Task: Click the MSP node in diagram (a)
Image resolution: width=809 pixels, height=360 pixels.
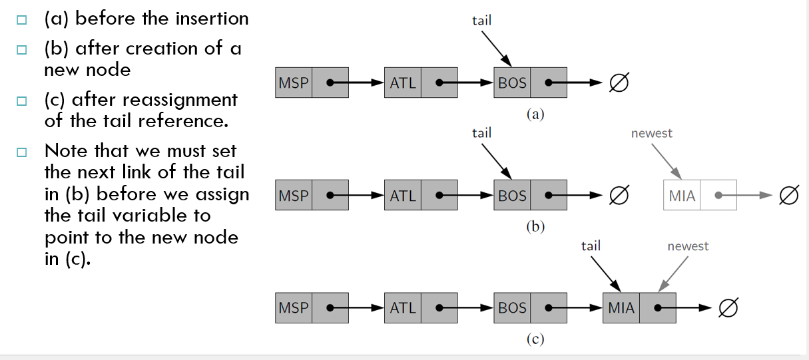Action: [312, 83]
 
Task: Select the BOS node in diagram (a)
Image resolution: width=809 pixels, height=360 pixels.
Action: [530, 83]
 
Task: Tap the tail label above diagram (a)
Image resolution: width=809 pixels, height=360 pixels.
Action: [482, 21]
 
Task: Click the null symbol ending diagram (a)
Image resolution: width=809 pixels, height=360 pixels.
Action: [619, 83]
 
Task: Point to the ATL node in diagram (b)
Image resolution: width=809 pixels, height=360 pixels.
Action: [421, 195]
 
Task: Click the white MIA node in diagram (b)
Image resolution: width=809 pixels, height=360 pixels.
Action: [700, 195]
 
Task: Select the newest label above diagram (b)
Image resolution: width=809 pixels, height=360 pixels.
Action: [652, 134]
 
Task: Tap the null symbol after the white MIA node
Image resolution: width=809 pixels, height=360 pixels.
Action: [789, 195]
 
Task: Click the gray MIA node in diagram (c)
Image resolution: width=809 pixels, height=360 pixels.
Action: [639, 307]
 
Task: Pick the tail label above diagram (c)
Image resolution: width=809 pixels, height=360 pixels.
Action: [591, 246]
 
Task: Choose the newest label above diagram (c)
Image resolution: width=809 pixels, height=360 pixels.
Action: [688, 246]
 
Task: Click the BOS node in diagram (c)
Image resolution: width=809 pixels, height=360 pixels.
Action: [530, 307]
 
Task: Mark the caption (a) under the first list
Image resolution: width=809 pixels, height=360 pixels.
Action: [535, 114]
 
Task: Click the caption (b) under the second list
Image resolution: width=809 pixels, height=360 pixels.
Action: [535, 226]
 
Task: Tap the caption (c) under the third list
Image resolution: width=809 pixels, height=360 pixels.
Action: [535, 339]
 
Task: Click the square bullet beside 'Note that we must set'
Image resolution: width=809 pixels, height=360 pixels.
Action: [22, 152]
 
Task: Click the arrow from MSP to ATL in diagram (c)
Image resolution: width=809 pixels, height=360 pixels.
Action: [356, 307]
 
